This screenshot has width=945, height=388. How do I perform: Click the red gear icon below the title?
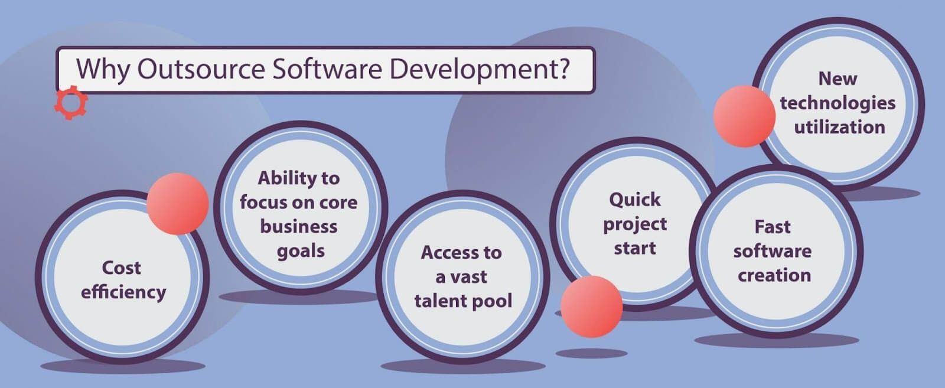pyautogui.click(x=71, y=103)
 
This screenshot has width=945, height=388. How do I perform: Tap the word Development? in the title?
pyautogui.click(x=479, y=69)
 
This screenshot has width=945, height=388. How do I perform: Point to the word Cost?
pyautogui.click(x=121, y=268)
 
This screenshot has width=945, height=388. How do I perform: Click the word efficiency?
pyautogui.click(x=123, y=292)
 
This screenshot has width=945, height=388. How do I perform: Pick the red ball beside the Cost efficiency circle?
pyautogui.click(x=177, y=203)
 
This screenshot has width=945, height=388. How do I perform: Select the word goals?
pyautogui.click(x=301, y=251)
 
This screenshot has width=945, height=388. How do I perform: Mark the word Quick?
pyautogui.click(x=635, y=200)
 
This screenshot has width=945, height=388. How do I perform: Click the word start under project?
pyautogui.click(x=635, y=248)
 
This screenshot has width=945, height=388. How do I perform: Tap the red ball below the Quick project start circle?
pyautogui.click(x=591, y=307)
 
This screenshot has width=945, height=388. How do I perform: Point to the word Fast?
pyautogui.click(x=772, y=227)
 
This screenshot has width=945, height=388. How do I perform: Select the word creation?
pyautogui.click(x=774, y=275)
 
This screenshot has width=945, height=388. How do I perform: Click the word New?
pyautogui.click(x=838, y=79)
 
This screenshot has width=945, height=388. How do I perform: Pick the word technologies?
pyautogui.click(x=838, y=103)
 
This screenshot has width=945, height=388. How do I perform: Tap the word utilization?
pyautogui.click(x=839, y=127)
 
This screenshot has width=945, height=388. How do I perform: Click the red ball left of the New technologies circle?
pyautogui.click(x=744, y=116)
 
